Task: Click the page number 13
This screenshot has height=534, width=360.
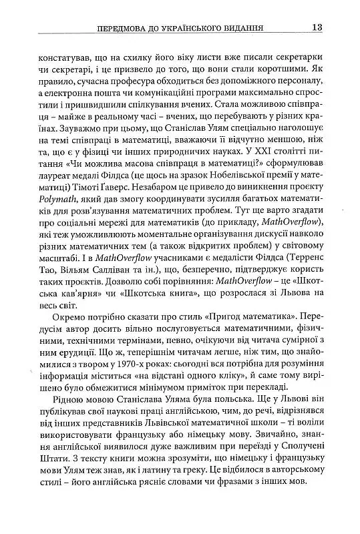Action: (317, 27)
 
